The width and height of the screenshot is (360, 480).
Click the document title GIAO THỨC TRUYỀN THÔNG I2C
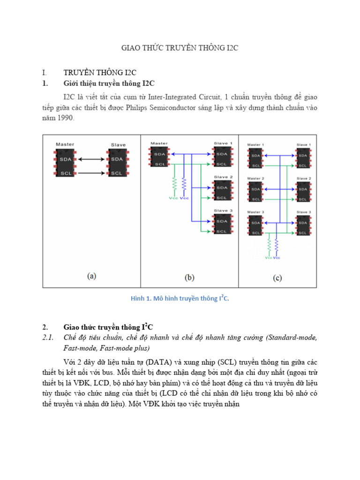pos(180,49)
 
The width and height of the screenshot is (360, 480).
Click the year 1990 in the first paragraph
pos(65,119)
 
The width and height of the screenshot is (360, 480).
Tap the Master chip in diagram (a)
pos(65,166)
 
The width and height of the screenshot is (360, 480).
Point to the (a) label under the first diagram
pos(92,276)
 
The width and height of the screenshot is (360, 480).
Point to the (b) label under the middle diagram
pos(189,277)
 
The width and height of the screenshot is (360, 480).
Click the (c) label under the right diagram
pos(277,278)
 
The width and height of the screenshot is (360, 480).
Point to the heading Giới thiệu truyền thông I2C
pos(109,83)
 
